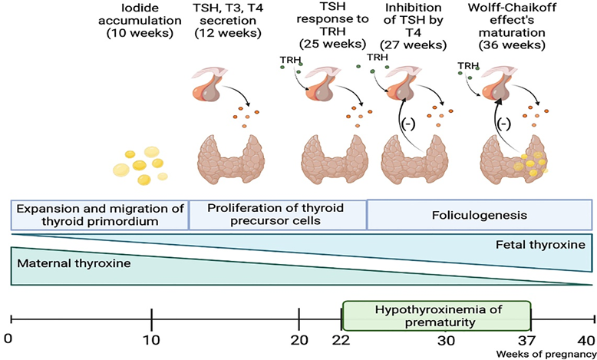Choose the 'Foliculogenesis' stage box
pyautogui.click(x=480, y=216)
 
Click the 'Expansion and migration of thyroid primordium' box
pyautogui.click(x=100, y=216)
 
